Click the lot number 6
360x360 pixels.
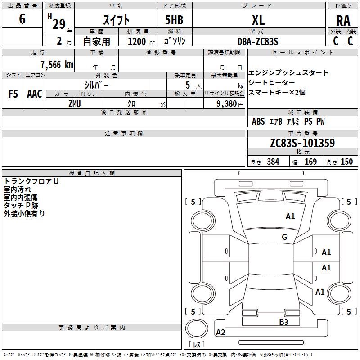[x=22, y=19]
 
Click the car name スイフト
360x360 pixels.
[x=116, y=20]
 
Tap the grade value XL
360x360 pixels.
[x=258, y=20]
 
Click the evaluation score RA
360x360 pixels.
[x=343, y=21]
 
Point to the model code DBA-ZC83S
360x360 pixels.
[x=258, y=41]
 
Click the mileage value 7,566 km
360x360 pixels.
[x=56, y=64]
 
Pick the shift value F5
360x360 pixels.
[x=13, y=94]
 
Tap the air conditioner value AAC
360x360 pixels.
[x=34, y=94]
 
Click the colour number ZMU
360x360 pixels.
[x=75, y=104]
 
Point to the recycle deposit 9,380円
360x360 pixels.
[x=230, y=104]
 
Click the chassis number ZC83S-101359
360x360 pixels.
[x=302, y=144]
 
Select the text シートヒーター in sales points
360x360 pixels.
[x=271, y=82]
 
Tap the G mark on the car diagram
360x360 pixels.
[x=284, y=237]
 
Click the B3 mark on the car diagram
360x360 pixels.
[x=283, y=322]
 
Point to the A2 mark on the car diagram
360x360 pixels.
[x=220, y=333]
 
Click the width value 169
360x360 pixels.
[x=310, y=162]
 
